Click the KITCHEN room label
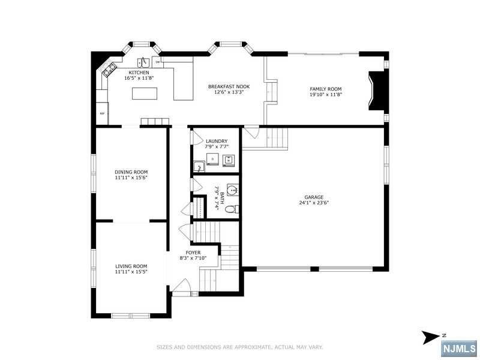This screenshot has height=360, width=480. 139,73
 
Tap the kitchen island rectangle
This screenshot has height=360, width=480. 145,94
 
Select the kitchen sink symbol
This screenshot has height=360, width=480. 143,62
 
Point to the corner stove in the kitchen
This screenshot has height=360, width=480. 109,69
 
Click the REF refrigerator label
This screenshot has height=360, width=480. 102,113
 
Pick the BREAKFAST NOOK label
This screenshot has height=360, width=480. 229,86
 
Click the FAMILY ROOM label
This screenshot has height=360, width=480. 326,89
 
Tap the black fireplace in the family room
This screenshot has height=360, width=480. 377,91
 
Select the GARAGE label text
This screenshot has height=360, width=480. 314,197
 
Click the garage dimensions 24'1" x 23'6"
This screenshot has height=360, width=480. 314,203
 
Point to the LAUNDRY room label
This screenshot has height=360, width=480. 217,141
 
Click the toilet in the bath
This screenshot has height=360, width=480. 232,209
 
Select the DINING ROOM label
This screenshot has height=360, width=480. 131,172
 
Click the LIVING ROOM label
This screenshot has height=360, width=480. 131,266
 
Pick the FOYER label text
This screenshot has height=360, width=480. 193,253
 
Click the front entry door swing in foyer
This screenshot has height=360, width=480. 182,286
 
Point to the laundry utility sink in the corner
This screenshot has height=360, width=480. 199,167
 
